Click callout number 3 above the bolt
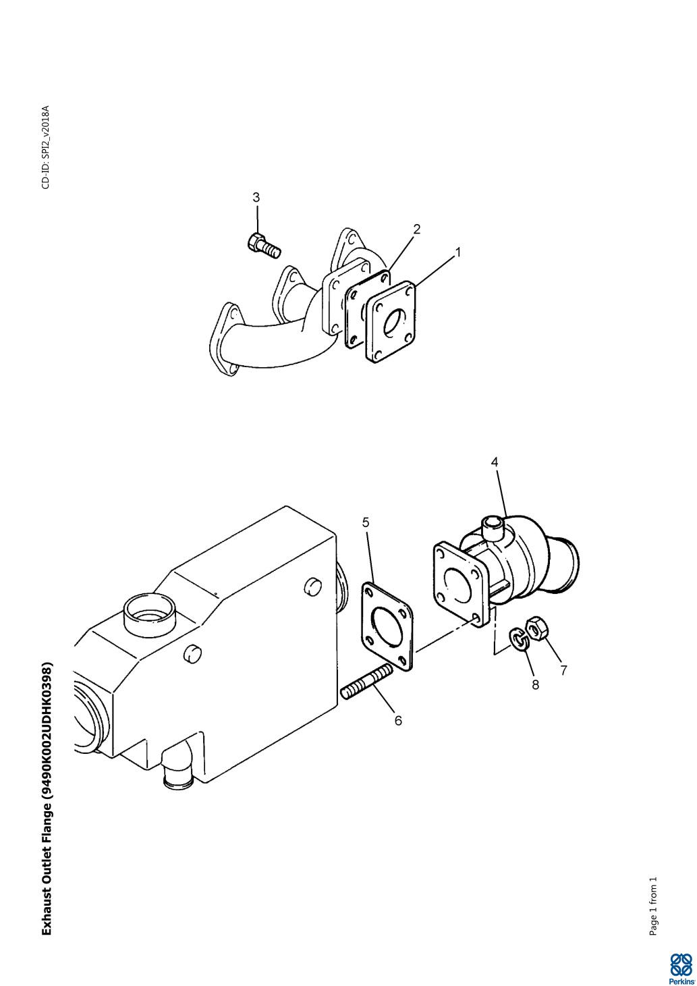[x=256, y=198]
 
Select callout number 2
[x=416, y=229]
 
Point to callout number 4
[x=495, y=462]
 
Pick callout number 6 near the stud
[x=398, y=721]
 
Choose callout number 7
[x=563, y=670]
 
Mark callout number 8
[x=536, y=685]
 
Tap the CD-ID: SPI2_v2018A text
[x=45, y=147]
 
